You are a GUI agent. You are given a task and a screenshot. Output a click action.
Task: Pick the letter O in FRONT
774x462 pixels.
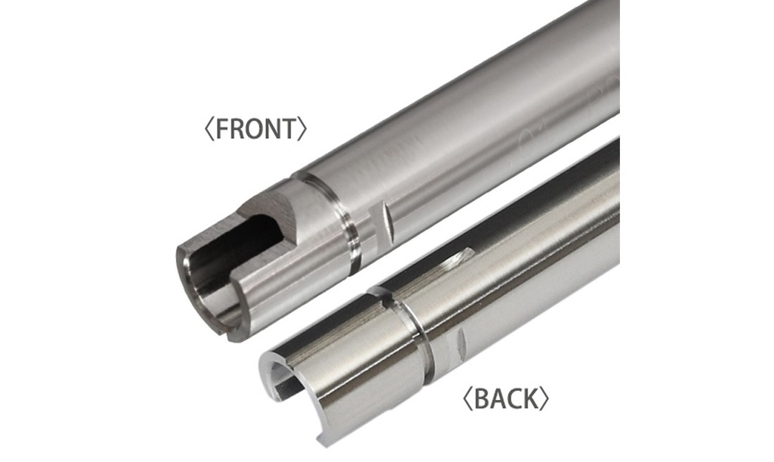pyautogui.click(x=256, y=129)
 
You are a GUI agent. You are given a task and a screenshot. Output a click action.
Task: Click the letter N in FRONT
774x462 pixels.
pyautogui.click(x=274, y=129)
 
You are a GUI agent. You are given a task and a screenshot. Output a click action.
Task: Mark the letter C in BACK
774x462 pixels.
pyautogui.click(x=514, y=398)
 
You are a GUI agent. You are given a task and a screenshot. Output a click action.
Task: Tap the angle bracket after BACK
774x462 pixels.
pyautogui.click(x=545, y=398)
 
